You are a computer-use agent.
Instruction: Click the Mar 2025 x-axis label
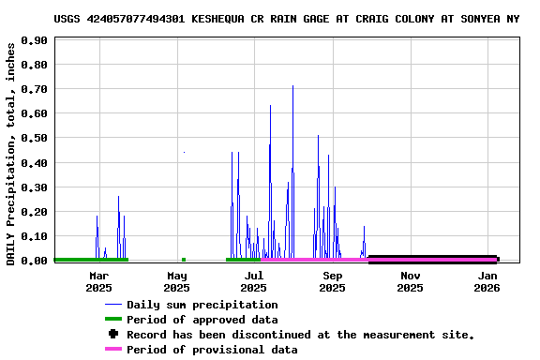98,281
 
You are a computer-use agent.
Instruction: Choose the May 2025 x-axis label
177,281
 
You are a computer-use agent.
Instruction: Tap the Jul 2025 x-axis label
254,281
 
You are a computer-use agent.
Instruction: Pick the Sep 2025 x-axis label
333,281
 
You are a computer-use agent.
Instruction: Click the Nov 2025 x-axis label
410,281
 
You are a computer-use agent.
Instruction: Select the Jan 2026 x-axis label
487,281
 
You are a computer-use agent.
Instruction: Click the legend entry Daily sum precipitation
202,305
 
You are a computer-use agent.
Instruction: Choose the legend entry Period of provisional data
212,350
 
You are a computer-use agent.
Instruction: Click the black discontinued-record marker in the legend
113,335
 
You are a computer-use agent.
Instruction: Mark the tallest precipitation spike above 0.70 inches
292,87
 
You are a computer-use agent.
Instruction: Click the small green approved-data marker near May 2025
184,260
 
